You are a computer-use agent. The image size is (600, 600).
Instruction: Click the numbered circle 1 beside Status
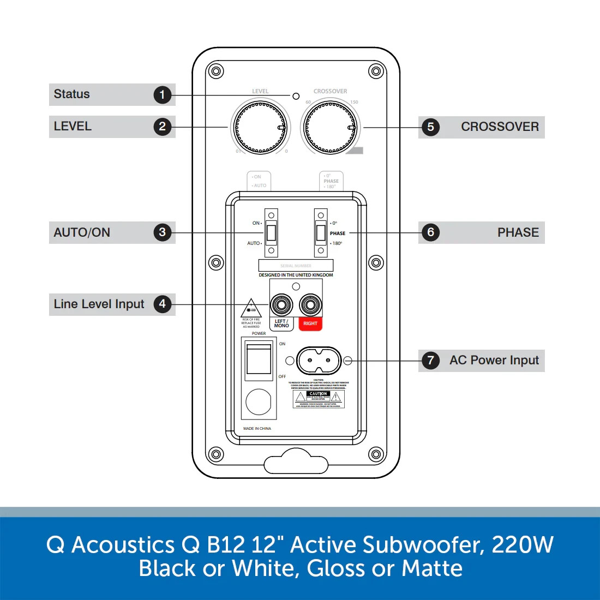pos(162,95)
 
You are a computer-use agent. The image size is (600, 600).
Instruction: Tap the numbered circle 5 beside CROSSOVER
pos(430,127)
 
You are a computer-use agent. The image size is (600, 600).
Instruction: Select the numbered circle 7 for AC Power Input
pos(430,361)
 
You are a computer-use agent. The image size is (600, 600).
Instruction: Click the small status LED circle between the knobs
pos(296,96)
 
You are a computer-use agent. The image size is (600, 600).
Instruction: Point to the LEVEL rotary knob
pos(260,128)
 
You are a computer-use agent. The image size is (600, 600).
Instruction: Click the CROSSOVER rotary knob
pos(330,128)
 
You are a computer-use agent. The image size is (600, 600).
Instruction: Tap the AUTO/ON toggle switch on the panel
pos(271,233)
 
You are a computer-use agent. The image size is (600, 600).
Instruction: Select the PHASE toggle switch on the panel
pos(321,233)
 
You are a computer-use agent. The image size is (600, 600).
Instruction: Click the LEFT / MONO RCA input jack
pos(281,304)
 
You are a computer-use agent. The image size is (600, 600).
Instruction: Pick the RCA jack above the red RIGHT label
pos(310,304)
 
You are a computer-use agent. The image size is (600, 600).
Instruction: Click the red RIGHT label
pos(310,323)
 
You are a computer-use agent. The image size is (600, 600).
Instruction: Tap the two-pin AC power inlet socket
pos(319,361)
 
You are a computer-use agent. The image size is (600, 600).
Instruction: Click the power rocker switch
pos(259,359)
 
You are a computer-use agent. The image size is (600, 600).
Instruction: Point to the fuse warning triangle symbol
pos(251,308)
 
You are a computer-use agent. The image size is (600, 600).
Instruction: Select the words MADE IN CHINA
pos(257,429)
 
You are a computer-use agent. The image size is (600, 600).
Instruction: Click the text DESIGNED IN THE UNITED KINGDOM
pos(296,275)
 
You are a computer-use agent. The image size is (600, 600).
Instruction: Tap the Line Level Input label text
pos(99,304)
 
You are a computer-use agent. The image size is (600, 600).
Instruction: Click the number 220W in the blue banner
pos(522,545)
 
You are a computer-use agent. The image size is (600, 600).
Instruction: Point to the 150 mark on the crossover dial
pos(355,102)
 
